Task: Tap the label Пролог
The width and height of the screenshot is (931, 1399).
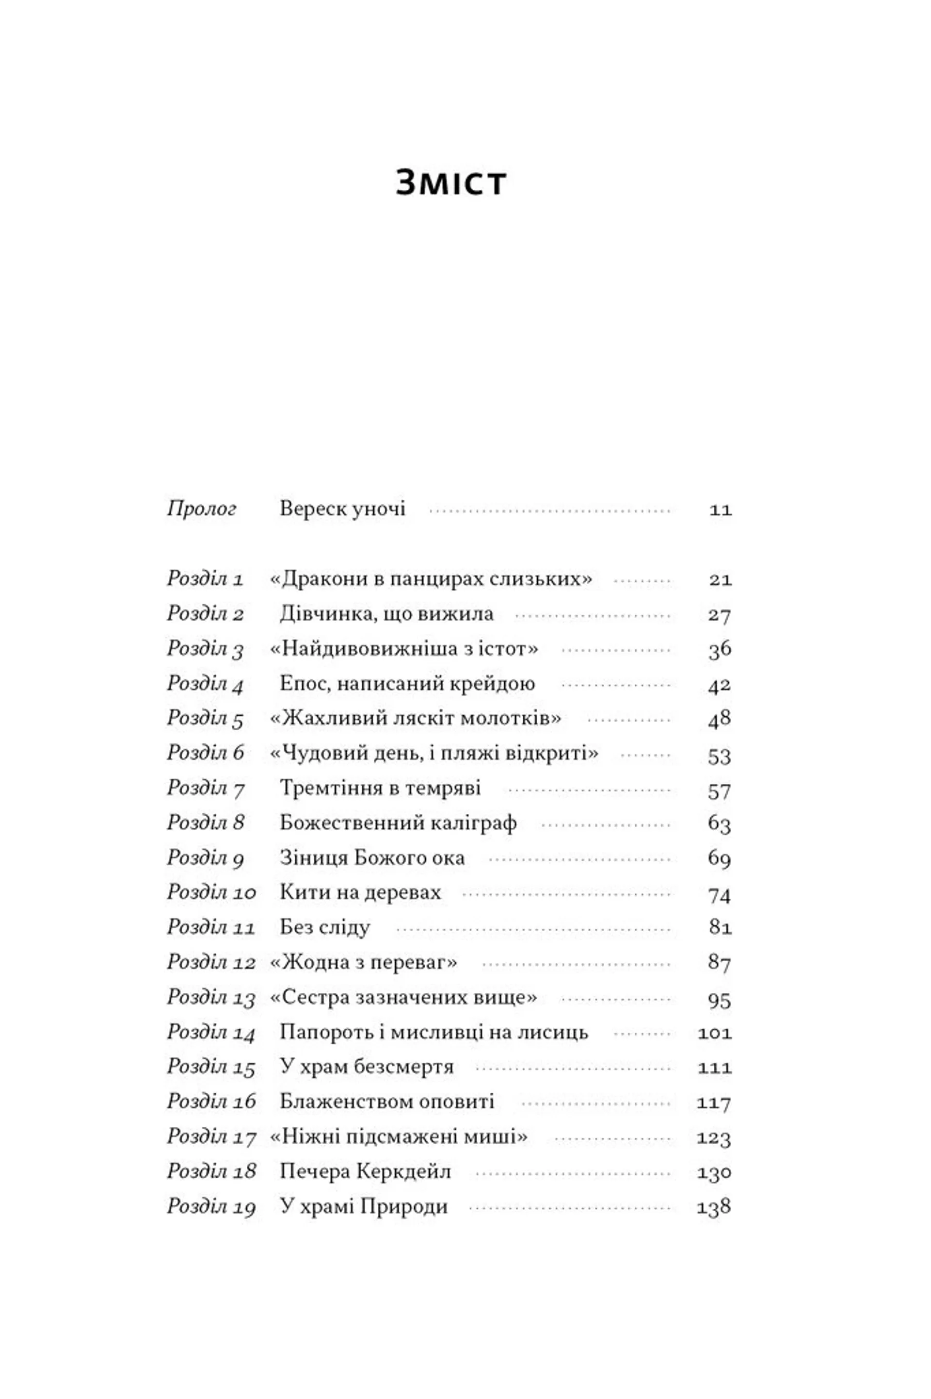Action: tap(202, 509)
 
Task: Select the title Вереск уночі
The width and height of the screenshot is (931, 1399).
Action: tap(343, 509)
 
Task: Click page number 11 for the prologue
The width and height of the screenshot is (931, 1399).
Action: tap(720, 510)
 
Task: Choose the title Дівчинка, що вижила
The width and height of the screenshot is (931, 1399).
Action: tap(386, 614)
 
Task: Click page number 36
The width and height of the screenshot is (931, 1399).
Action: tap(720, 649)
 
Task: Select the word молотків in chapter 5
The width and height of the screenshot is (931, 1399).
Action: tap(511, 718)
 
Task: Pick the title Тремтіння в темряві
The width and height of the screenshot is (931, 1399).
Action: tap(380, 789)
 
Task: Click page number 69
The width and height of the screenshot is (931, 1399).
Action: tap(720, 858)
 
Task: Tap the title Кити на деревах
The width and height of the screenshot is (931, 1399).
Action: tap(360, 893)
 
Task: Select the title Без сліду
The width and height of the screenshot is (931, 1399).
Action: tap(325, 928)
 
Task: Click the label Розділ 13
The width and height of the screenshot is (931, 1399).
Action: tap(211, 998)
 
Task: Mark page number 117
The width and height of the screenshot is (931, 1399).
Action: tap(714, 1103)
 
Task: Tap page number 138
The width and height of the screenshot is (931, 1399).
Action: tap(714, 1207)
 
